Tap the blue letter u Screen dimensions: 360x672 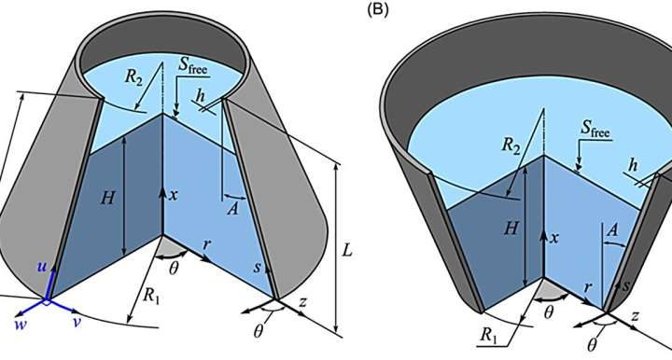click(42, 267)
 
